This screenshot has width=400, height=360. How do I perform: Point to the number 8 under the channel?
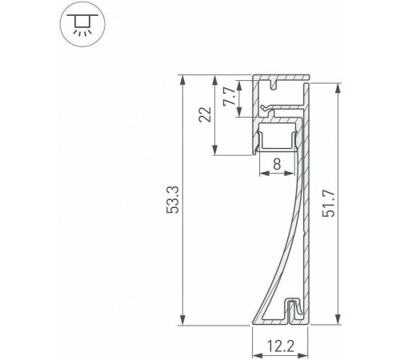[276, 165]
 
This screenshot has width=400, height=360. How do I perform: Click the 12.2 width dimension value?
[279, 346]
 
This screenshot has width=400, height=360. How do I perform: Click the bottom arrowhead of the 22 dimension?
[215, 152]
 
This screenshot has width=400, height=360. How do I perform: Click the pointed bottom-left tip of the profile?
[254, 322]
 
